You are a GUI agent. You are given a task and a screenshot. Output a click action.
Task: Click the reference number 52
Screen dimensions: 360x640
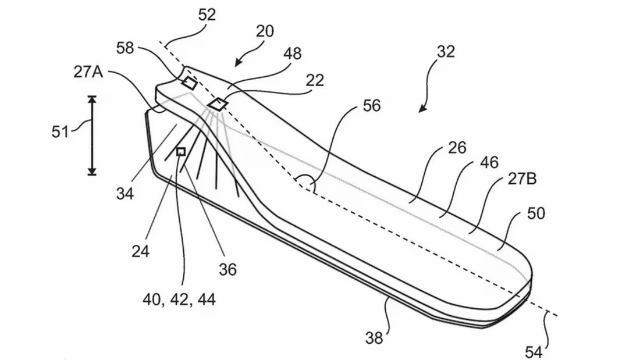coord(207,15)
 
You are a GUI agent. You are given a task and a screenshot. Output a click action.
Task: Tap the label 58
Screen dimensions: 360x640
coord(125,47)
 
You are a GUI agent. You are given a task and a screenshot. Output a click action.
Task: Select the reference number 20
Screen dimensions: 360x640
coord(265,31)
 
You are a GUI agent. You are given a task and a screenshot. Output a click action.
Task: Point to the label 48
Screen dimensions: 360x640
coord(293,54)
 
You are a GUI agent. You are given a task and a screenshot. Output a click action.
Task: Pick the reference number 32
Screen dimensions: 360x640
coord(445,52)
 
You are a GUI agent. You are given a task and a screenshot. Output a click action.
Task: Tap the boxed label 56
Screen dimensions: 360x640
coord(371,106)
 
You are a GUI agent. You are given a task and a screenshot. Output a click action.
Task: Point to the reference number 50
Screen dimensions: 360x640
coord(536,213)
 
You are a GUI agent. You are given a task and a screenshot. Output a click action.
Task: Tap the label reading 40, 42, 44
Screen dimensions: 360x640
coord(179,300)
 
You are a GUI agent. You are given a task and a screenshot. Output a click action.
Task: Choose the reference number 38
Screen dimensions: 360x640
coord(375,337)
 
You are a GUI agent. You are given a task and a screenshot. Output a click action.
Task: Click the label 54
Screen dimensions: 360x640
coord(534,351)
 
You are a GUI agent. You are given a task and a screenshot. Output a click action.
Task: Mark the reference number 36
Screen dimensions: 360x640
coord(228,270)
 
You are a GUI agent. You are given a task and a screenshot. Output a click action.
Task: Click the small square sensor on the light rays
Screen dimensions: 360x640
coord(181,152)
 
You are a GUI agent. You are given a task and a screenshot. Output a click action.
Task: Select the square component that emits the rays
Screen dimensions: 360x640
coord(219,104)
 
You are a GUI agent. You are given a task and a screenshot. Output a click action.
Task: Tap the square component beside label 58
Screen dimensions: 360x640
coord(189,83)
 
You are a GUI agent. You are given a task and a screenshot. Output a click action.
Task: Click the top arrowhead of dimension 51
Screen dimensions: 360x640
coord(91,99)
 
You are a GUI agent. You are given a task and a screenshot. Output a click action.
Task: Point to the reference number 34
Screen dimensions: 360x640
coord(125,193)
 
